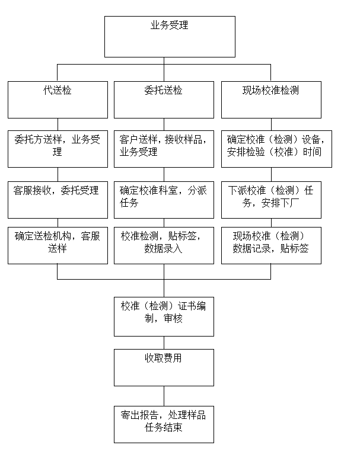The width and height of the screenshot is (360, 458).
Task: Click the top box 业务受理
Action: (x=170, y=36)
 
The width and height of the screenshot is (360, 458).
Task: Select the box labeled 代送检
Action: (x=58, y=100)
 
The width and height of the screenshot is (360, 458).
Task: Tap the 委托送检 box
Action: (x=164, y=100)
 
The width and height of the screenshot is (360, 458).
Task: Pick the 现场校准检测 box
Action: (x=270, y=100)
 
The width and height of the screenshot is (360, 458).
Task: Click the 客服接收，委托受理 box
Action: (x=58, y=200)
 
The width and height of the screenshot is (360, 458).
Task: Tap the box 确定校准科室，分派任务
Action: (x=164, y=200)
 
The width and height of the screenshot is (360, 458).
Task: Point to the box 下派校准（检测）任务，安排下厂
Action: (x=270, y=200)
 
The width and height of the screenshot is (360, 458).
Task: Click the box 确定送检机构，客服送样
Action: (x=58, y=245)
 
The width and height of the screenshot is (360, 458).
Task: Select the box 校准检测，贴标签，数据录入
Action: (x=164, y=245)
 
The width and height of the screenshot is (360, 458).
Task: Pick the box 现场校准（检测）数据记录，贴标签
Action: (x=270, y=245)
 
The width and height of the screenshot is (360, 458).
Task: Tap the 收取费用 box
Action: (x=164, y=367)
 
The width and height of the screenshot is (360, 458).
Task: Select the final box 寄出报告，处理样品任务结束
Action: (x=164, y=424)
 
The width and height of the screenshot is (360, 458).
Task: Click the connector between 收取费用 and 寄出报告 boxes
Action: (x=164, y=396)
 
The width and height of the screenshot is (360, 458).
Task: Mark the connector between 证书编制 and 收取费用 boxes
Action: (x=164, y=342)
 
